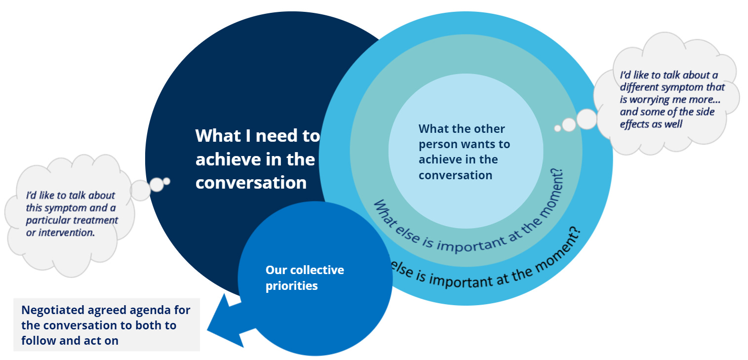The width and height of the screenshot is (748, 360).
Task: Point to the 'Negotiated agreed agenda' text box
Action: point(106,324)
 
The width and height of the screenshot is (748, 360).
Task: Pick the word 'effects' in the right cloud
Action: point(635,124)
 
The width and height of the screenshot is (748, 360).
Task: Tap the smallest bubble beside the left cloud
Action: point(167,181)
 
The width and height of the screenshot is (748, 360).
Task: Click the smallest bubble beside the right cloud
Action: point(557,128)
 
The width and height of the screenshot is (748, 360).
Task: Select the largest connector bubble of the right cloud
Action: point(587,119)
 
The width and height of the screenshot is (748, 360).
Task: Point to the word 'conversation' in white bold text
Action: point(251,182)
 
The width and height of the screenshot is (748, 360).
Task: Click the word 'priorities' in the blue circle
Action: point(291,286)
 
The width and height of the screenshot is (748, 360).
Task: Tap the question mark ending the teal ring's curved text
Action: point(559,173)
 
